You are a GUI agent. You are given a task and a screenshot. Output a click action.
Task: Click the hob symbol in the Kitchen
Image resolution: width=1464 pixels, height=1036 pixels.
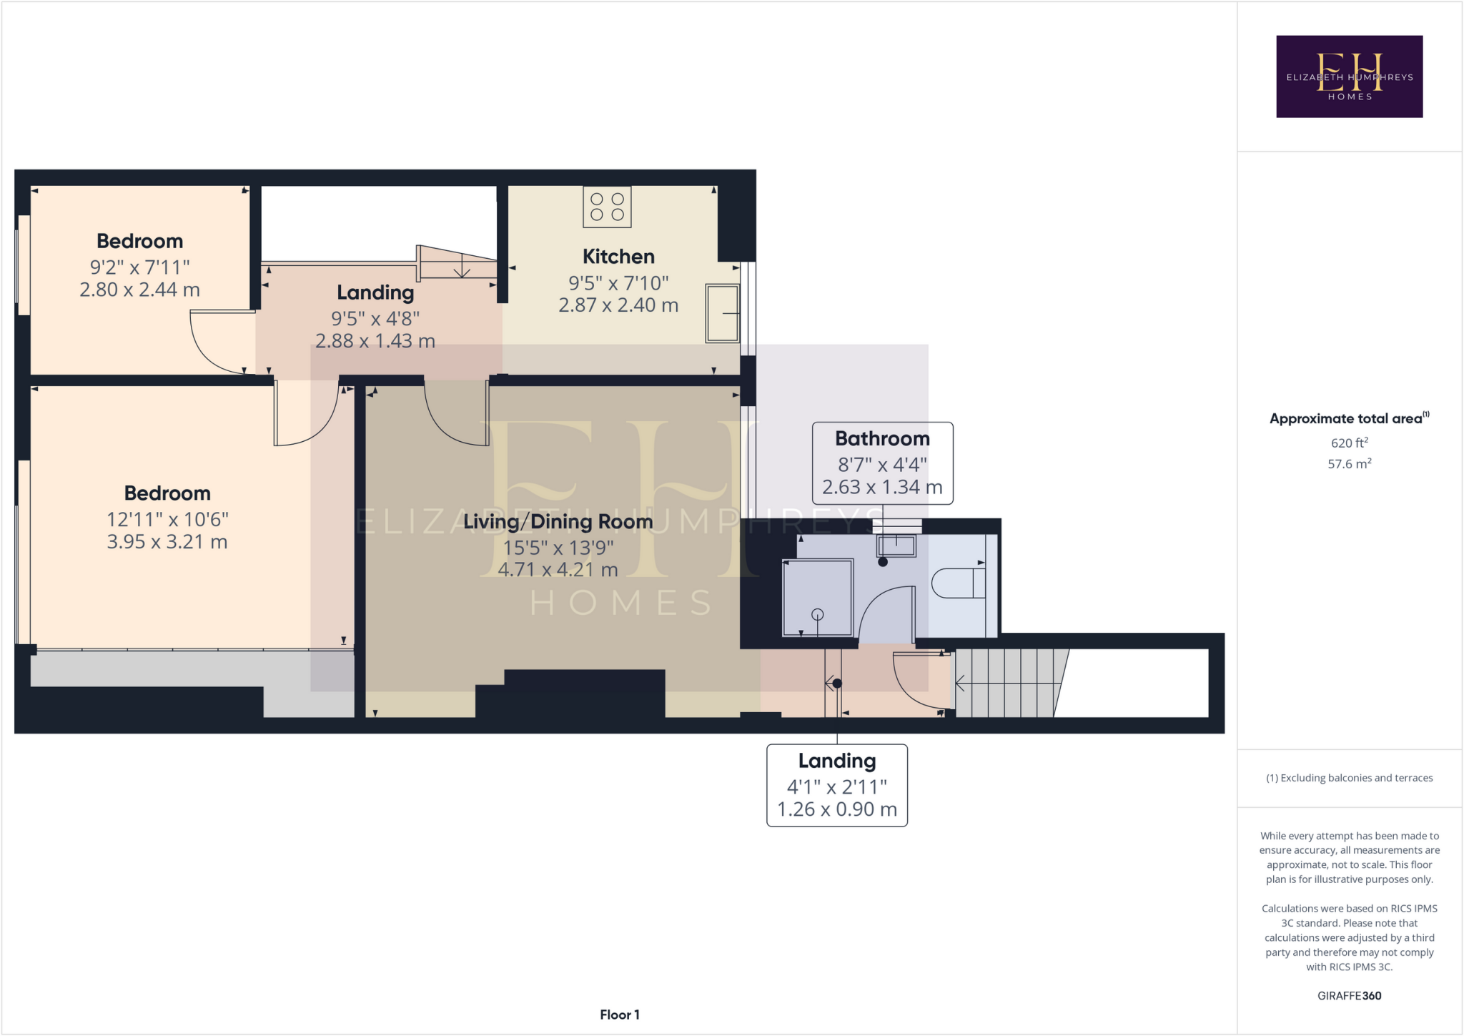(x=607, y=207)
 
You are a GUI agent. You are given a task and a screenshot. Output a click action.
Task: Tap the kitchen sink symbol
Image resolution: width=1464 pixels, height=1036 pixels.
(x=722, y=313)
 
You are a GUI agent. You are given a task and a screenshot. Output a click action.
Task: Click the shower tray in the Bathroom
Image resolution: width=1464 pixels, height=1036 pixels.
(x=818, y=598)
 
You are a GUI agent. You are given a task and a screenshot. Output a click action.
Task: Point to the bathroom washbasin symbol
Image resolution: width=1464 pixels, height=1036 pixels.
(x=896, y=546)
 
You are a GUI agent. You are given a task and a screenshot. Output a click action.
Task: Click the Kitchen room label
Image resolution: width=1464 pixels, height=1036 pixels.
(x=618, y=257)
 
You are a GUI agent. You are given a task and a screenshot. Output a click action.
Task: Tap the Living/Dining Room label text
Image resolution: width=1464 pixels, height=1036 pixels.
(x=558, y=522)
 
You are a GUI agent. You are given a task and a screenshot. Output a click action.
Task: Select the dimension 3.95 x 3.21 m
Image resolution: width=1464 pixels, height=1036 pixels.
(x=167, y=542)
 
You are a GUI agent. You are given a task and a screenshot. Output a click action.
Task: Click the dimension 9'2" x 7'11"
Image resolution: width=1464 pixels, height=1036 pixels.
(x=139, y=267)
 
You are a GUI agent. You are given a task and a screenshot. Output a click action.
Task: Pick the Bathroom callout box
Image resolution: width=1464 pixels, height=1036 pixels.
(x=882, y=463)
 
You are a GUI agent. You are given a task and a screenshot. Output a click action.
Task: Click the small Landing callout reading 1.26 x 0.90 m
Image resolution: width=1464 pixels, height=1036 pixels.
(x=836, y=785)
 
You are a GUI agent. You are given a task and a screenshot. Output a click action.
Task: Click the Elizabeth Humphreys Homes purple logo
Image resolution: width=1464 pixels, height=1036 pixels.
(x=1349, y=77)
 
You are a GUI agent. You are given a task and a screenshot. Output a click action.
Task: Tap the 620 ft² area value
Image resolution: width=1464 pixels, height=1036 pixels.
(x=1349, y=443)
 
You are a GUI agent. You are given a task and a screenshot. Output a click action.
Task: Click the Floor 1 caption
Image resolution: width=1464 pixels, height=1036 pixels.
(x=619, y=1015)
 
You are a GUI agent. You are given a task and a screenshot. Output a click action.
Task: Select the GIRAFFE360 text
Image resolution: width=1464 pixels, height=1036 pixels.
(x=1349, y=995)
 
